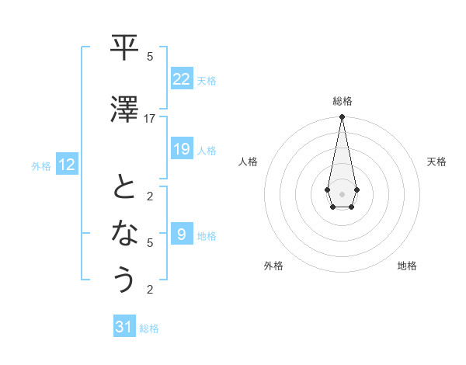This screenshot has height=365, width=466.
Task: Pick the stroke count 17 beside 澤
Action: [x=150, y=119]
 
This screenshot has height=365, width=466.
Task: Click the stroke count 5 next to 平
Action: [x=150, y=57]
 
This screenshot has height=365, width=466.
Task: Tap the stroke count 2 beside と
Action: [x=150, y=196]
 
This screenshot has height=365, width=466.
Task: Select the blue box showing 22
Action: [x=181, y=78]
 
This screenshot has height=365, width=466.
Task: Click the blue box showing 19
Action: [x=181, y=148]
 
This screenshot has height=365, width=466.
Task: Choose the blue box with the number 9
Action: [x=181, y=234]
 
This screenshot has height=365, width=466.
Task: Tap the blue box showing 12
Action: [x=67, y=164]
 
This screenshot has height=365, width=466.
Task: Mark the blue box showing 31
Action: [x=124, y=327]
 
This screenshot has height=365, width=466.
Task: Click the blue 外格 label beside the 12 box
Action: [x=41, y=165]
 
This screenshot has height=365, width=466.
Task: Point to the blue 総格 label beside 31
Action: [x=149, y=328]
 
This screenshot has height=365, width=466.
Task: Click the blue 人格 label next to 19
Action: [x=207, y=150]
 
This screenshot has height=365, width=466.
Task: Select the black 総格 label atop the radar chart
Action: [x=342, y=101]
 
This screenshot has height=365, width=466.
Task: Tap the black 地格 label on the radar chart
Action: [x=407, y=266]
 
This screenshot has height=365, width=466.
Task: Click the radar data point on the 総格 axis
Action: [x=342, y=116]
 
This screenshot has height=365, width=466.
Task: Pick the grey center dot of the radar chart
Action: [x=342, y=193]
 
